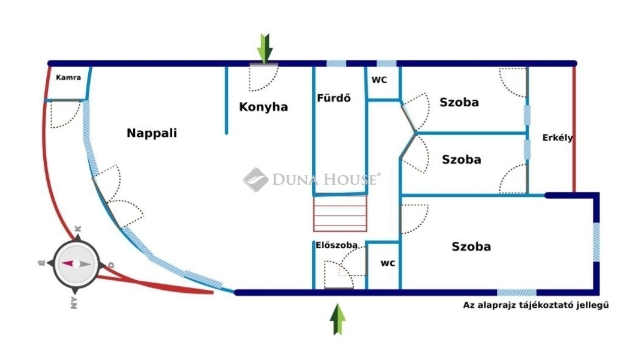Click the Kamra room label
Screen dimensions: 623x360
click(68, 77)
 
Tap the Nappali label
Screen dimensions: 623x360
click(152, 133)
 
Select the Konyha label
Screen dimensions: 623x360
click(263, 107)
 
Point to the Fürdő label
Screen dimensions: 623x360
click(334, 98)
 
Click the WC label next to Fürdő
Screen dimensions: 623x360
click(379, 80)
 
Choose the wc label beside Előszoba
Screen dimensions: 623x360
click(388, 263)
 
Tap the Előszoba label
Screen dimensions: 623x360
click(337, 245)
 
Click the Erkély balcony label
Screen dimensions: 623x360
click(558, 138)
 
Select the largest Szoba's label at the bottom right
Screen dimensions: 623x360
click(471, 247)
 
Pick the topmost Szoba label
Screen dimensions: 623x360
click(459, 102)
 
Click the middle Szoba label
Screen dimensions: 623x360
click(462, 160)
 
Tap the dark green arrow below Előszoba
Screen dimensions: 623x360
click(338, 319)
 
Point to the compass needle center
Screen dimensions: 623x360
click(76, 264)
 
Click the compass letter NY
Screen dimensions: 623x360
click(74, 303)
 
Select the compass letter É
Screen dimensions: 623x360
click(42, 263)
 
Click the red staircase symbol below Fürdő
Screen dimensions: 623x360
click(340, 214)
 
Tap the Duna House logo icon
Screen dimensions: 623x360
click(256, 179)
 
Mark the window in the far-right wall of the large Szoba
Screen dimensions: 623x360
click(597, 242)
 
